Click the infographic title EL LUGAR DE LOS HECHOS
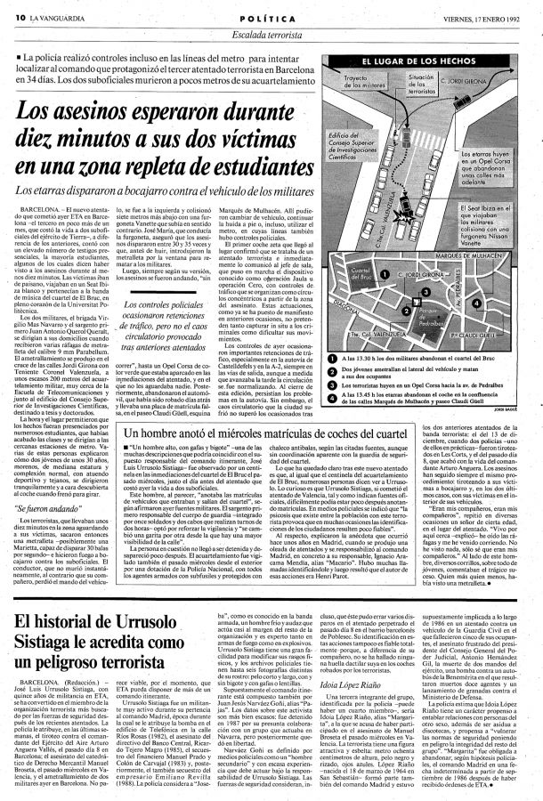coord(418,61)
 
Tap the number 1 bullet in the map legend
coord(334,355)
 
